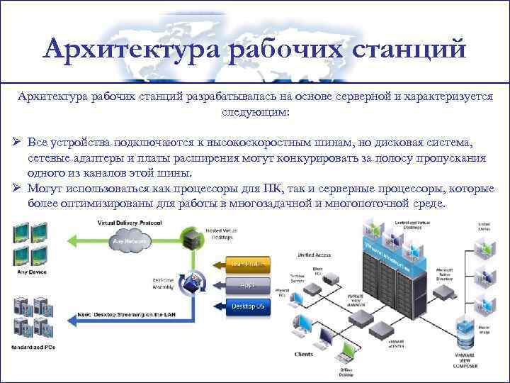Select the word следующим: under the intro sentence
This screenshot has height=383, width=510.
(x=254, y=112)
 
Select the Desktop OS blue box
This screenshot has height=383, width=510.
(x=249, y=306)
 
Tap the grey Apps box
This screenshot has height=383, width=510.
(x=249, y=285)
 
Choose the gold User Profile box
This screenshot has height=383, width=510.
(x=249, y=264)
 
